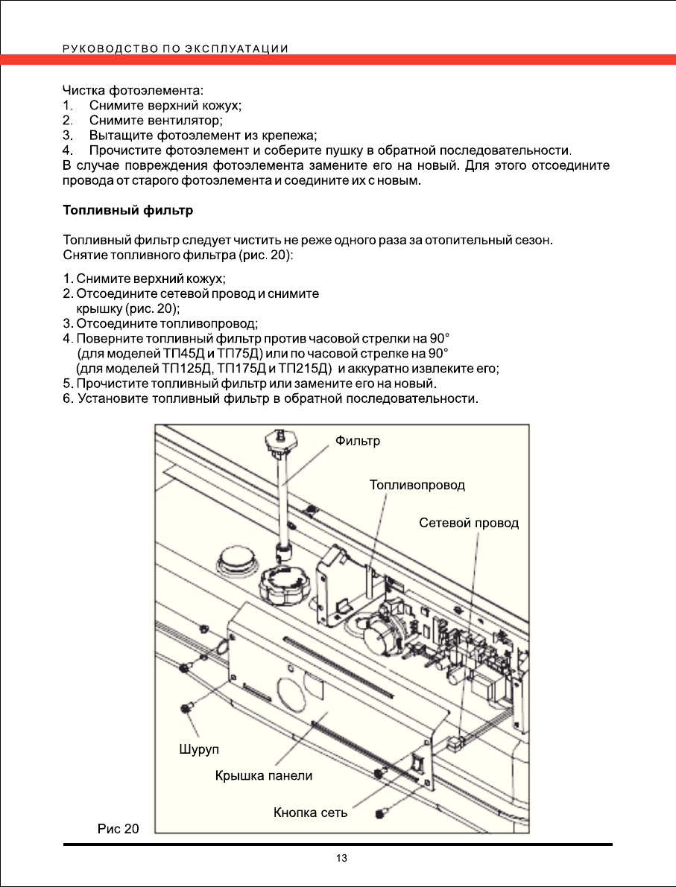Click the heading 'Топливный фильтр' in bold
(128, 211)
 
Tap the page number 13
(341, 859)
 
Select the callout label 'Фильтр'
(358, 441)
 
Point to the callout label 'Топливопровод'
(417, 485)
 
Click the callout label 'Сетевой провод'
(469, 523)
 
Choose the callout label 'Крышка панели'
(264, 775)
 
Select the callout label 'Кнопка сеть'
(311, 812)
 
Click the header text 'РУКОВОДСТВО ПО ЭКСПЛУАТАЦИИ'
(176, 49)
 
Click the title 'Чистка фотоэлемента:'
(133, 91)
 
